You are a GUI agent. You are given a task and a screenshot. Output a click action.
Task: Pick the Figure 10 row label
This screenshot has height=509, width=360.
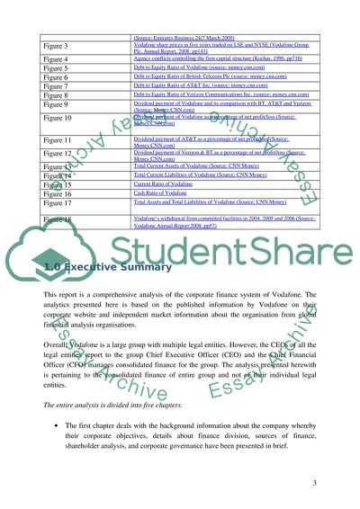coord(60,118)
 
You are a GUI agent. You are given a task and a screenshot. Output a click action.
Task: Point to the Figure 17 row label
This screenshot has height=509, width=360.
coord(60,203)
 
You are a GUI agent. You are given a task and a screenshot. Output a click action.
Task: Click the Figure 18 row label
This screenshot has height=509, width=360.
coord(60,219)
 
